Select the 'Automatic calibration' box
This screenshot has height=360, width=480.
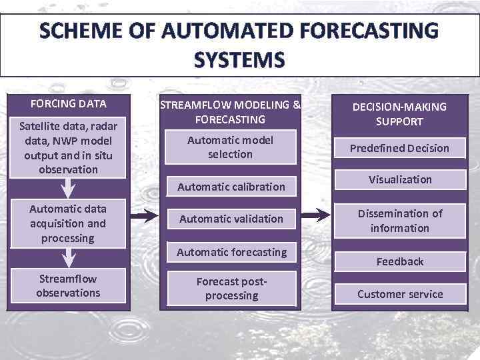point(231,187)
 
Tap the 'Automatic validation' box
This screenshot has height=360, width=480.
point(231,219)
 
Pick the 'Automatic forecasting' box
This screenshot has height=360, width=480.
point(231,252)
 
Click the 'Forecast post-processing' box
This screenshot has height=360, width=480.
point(231,288)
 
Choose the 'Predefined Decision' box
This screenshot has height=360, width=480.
point(399,148)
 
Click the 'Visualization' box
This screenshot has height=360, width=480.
point(399,179)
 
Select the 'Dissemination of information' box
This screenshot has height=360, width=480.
point(399,221)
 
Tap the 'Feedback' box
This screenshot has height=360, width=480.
point(399,261)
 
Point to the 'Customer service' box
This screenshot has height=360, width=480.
point(399,294)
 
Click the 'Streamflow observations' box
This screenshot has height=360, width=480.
point(68,286)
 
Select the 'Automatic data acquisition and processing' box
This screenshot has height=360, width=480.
point(68,223)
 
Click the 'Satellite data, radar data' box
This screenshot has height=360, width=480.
point(68,148)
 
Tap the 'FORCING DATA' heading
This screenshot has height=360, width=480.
point(68,104)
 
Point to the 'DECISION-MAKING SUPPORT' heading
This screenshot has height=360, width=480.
point(399,114)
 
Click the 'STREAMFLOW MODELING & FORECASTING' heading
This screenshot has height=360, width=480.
point(231,112)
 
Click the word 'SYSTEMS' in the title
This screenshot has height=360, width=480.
point(239,61)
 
